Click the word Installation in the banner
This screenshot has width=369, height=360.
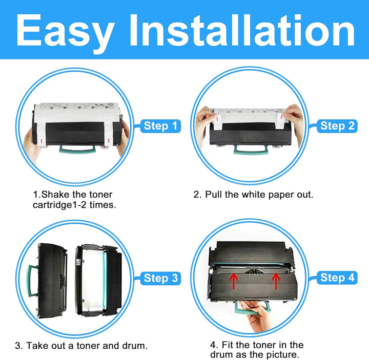[242, 30]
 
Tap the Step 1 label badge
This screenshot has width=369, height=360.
[160, 126]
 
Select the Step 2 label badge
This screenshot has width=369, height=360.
[337, 126]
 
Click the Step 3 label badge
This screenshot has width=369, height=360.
[160, 278]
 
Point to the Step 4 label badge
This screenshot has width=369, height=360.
[337, 278]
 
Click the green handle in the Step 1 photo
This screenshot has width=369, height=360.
[77, 149]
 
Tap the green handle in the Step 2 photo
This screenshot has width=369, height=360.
[251, 149]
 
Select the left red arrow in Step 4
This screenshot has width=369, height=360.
[234, 281]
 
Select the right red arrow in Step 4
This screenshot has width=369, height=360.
[276, 281]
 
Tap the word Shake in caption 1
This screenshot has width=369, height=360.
[55, 195]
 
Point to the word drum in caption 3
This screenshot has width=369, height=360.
[135, 346]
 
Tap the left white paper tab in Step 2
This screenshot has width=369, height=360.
[217, 122]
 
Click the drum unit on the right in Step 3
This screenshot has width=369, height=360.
[98, 280]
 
